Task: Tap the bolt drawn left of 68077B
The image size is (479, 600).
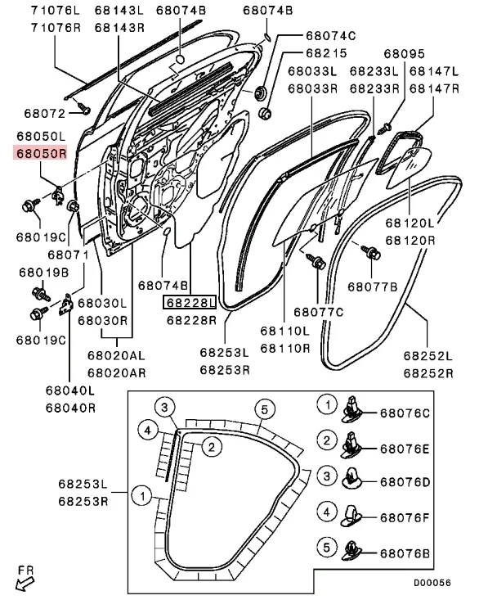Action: pos(368,252)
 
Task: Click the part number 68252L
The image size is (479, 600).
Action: pos(427,357)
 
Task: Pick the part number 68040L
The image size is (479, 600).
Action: pos(69,392)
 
